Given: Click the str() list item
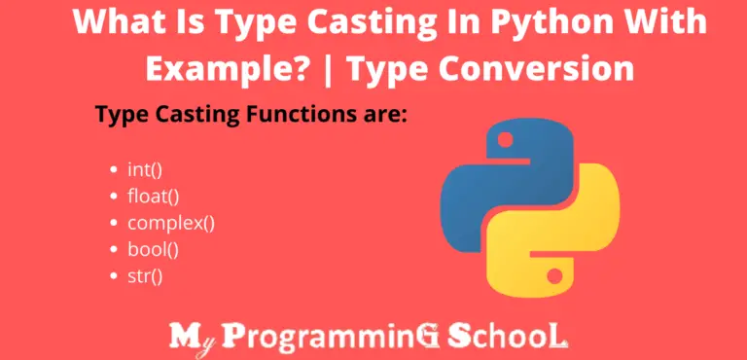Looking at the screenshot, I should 145,276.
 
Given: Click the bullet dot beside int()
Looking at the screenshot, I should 117,169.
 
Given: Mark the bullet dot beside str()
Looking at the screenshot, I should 117,277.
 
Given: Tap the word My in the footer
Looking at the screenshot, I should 193,337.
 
